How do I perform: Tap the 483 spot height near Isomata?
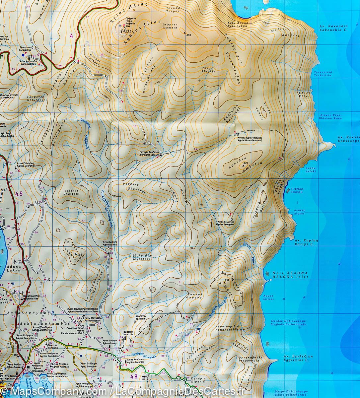point(189,34)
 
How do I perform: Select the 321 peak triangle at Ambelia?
point(246,164)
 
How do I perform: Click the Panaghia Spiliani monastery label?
point(149,153)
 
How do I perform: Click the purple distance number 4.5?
point(19,194)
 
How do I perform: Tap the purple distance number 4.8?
point(134,376)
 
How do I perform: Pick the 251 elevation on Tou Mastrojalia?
point(227,281)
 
